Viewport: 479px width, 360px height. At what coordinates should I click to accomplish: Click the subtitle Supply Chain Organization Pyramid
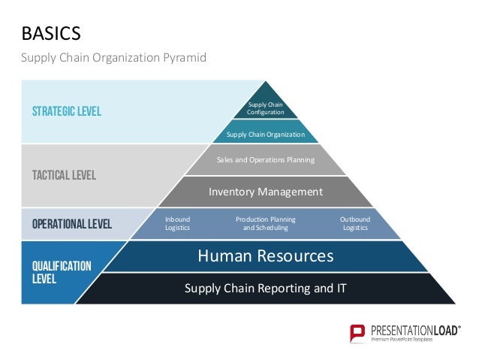click(x=113, y=57)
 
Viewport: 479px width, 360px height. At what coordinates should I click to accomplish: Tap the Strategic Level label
click(x=66, y=112)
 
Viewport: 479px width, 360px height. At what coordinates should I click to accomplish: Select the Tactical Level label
click(x=63, y=175)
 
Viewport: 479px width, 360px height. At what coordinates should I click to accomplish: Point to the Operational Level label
click(x=71, y=223)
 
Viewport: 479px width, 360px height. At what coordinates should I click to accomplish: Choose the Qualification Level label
click(x=62, y=272)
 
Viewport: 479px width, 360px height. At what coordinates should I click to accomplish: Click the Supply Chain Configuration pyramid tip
click(x=266, y=107)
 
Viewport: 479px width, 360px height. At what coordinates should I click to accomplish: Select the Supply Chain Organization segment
click(x=266, y=135)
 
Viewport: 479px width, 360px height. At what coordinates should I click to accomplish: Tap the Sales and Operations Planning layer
click(x=266, y=159)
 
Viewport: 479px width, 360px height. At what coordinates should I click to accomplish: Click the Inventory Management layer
click(x=266, y=192)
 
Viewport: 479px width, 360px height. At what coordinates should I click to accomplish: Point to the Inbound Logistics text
click(x=177, y=223)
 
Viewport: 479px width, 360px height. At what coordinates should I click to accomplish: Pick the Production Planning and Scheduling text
click(x=265, y=223)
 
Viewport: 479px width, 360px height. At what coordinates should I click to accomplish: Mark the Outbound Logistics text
click(x=355, y=223)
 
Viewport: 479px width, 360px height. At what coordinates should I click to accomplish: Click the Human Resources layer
click(x=265, y=256)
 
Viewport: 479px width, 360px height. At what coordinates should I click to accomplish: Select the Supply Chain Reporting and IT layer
click(x=265, y=287)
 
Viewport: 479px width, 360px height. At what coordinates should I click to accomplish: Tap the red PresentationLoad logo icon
click(x=358, y=332)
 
